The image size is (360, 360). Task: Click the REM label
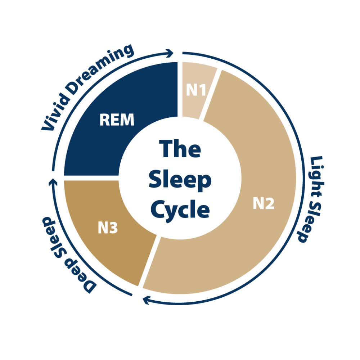click(117, 120)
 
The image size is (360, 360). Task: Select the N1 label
click(196, 90)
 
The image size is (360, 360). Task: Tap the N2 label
click(264, 203)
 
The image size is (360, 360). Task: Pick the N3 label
click(108, 228)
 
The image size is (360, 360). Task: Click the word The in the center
click(180, 149)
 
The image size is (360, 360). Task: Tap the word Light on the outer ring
click(316, 177)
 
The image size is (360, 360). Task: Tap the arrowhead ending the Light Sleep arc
click(145, 300)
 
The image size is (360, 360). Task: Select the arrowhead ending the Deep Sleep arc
click(53, 181)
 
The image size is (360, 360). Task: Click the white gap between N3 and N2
click(150, 261)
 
